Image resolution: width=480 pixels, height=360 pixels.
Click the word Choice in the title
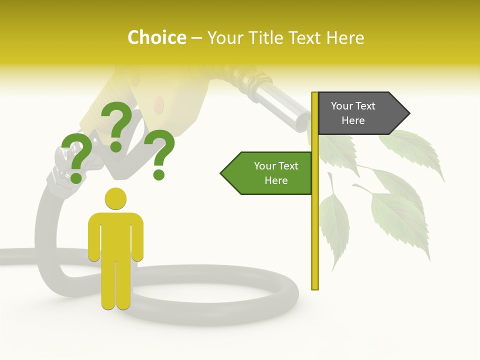coord(156,37)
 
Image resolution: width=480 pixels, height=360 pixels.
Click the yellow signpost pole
coord(315,225)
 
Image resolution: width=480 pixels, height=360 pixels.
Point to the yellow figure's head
coord(115,198)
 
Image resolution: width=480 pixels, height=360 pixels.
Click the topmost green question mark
coord(117,125)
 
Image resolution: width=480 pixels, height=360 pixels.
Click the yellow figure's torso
coord(115,235)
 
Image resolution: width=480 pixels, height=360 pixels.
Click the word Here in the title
coord(345,37)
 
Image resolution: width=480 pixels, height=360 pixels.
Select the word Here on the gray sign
coord(353,120)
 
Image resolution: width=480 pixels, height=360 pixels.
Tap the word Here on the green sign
coord(276,180)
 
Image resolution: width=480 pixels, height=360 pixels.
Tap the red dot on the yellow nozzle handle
coord(158,104)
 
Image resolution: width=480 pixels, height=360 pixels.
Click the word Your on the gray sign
coord(341,106)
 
